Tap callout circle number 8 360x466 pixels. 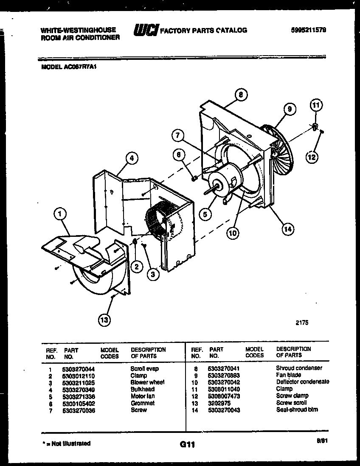[241, 95]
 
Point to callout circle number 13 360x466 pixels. [104, 320]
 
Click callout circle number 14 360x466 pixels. [288, 229]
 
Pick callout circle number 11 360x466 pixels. [316, 104]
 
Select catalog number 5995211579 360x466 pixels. [309, 30]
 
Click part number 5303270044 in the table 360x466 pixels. [79, 369]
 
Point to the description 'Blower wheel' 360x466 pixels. [147, 382]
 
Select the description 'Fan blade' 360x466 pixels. [288, 375]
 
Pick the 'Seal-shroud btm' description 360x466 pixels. [297, 410]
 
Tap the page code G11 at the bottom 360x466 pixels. [187, 445]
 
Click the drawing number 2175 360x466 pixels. [302, 323]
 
